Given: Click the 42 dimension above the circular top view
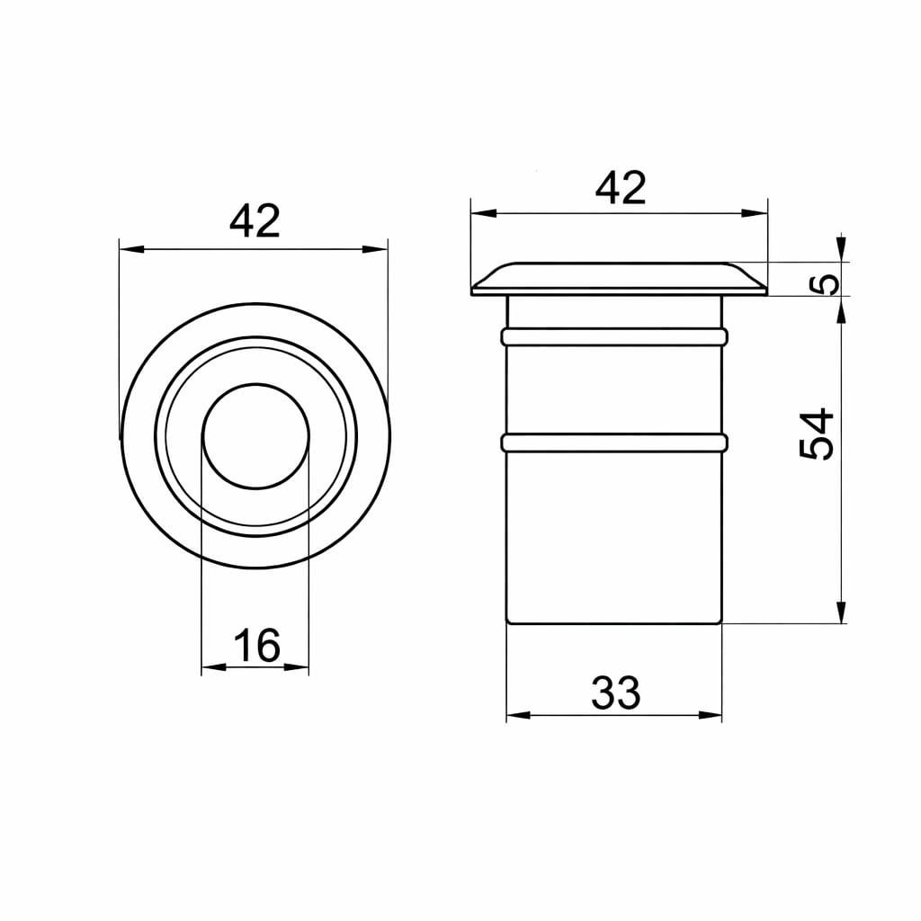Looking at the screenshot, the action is point(255,222).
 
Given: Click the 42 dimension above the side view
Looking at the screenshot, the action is point(621,188).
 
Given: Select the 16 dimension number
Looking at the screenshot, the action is point(257,645).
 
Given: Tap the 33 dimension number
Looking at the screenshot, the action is point(615,693).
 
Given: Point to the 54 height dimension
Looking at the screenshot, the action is point(817,434).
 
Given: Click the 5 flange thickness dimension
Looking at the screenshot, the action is point(828,284).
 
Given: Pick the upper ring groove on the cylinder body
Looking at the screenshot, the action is point(614,336).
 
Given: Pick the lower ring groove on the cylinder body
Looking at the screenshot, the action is point(614,443).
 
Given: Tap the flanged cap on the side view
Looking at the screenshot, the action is point(619,279).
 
